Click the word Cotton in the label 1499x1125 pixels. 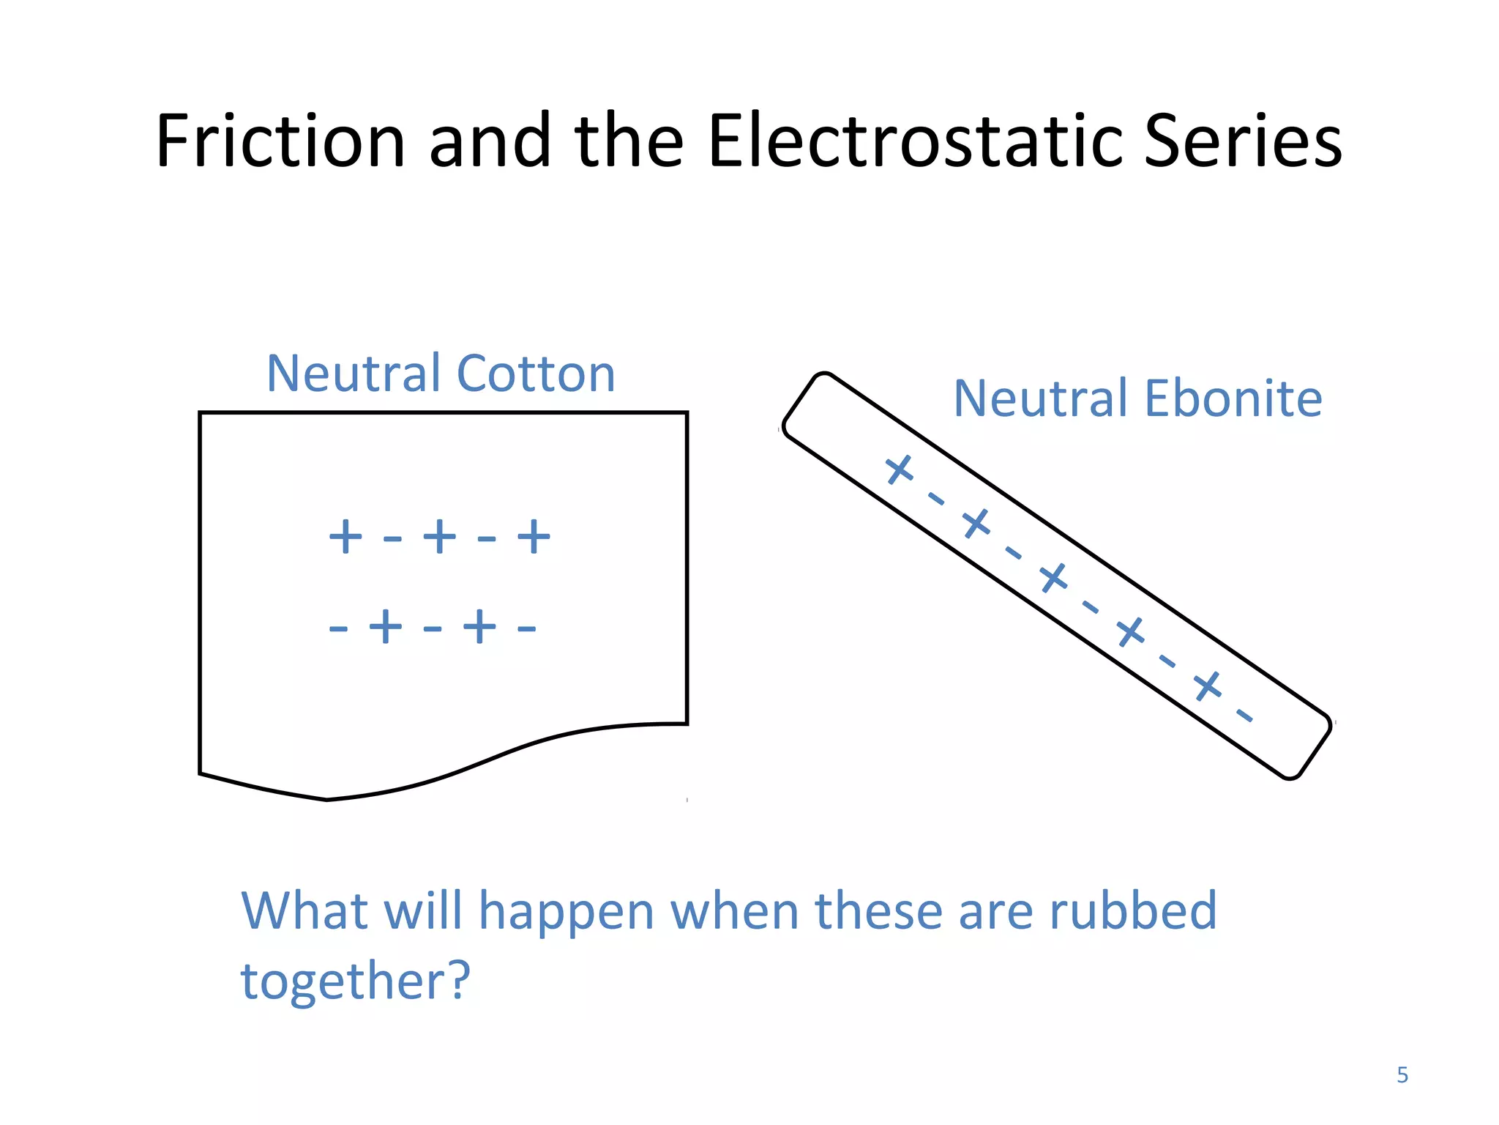click(x=535, y=374)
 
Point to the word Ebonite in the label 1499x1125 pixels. click(x=1233, y=399)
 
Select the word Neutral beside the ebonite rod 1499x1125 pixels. click(x=1040, y=399)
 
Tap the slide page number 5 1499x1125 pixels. click(x=1402, y=1074)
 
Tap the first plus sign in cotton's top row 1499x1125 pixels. click(x=345, y=537)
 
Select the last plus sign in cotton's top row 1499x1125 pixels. click(x=534, y=537)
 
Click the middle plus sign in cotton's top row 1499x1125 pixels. click(x=440, y=537)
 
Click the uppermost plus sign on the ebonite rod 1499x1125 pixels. click(x=900, y=469)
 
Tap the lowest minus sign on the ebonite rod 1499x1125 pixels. click(x=1245, y=716)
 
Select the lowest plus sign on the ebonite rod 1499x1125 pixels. click(x=1208, y=686)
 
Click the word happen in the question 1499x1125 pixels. click(x=566, y=911)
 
